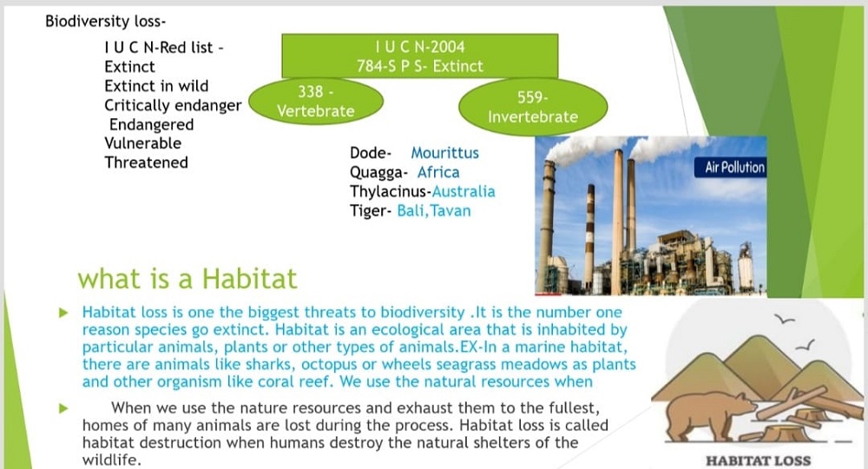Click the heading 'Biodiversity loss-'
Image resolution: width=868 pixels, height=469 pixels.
tap(105, 22)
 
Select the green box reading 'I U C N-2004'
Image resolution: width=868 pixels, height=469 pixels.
tap(419, 56)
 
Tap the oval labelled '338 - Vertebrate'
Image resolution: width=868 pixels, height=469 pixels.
tap(316, 102)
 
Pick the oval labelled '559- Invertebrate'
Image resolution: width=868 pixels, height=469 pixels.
tap(533, 107)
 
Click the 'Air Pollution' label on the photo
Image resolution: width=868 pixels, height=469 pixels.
tap(734, 168)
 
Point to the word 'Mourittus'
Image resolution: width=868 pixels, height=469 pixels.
tap(444, 153)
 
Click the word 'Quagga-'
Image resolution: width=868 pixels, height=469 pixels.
tap(378, 173)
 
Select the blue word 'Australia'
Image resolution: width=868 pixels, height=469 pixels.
tap(464, 192)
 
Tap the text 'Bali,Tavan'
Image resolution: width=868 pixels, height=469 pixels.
tap(434, 211)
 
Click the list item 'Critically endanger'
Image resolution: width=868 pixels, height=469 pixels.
tap(173, 106)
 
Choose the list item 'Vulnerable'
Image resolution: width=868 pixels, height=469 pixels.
tap(143, 143)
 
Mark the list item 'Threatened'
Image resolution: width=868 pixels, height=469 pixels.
tap(146, 162)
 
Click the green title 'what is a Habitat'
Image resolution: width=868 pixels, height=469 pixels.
tap(187, 279)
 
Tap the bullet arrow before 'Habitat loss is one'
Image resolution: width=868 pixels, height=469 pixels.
tap(63, 313)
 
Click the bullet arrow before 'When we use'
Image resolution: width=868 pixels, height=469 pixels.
tap(63, 409)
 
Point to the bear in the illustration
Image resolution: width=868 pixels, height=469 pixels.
tap(704, 415)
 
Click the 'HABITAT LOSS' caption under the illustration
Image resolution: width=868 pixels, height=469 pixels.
tap(758, 460)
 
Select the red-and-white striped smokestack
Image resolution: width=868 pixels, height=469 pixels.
tap(590, 237)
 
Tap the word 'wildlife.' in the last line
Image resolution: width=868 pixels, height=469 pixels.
tap(112, 460)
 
